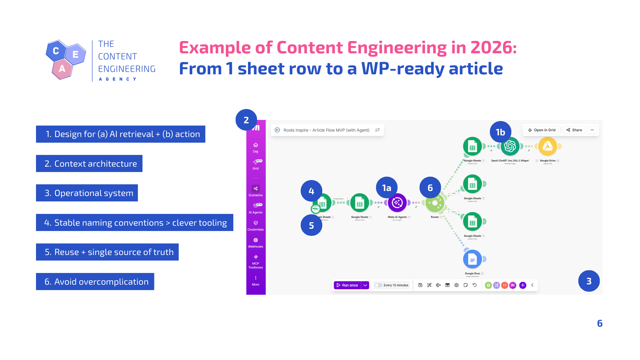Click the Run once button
347,285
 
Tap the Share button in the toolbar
574,130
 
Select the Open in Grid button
542,130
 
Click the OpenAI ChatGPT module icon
510,147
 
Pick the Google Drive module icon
548,146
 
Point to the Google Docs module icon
472,259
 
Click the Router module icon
435,203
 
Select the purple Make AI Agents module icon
397,203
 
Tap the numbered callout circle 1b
500,132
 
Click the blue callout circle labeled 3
589,281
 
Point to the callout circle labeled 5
311,225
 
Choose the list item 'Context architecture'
89,164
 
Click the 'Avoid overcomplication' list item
95,282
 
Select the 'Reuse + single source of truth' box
107,252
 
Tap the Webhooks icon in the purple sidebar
256,242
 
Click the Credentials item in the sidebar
256,225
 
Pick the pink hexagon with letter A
62,69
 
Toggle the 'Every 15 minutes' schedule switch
378,285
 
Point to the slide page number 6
600,323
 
